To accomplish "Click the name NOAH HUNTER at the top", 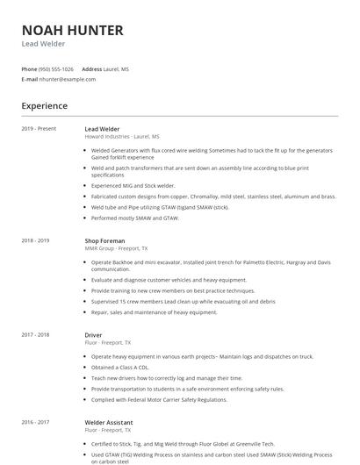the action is pos(72,31).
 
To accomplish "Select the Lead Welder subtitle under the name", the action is pos(43,44).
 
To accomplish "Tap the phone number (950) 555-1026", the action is pos(56,68).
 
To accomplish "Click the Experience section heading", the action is pos(44,106).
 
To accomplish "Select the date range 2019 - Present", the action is pos(39,129).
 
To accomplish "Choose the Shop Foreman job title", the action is pos(104,240).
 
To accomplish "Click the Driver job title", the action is pos(93,334).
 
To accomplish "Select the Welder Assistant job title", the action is pos(109,421).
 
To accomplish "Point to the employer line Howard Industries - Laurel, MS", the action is pos(122,137).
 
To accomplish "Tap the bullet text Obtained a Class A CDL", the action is pos(123,368).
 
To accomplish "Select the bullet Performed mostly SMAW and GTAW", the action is pos(134,217).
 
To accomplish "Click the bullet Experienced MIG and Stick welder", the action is pos(133,185).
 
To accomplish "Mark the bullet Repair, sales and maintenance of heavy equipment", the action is pos(154,311).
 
